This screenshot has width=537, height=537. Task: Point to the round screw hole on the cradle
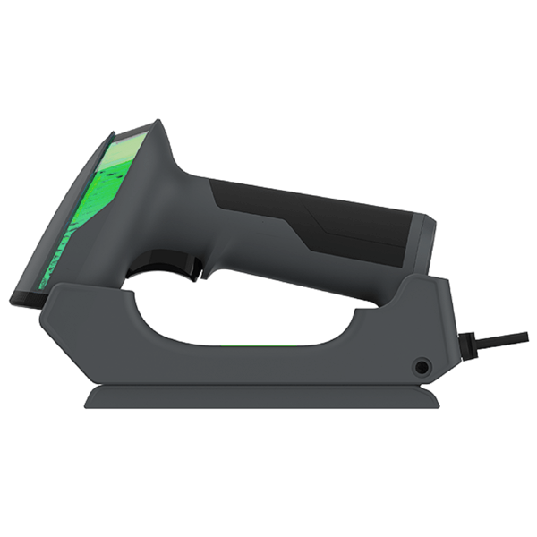(x=420, y=367)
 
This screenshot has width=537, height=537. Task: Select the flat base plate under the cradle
(x=268, y=396)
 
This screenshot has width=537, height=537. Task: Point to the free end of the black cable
(x=525, y=337)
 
